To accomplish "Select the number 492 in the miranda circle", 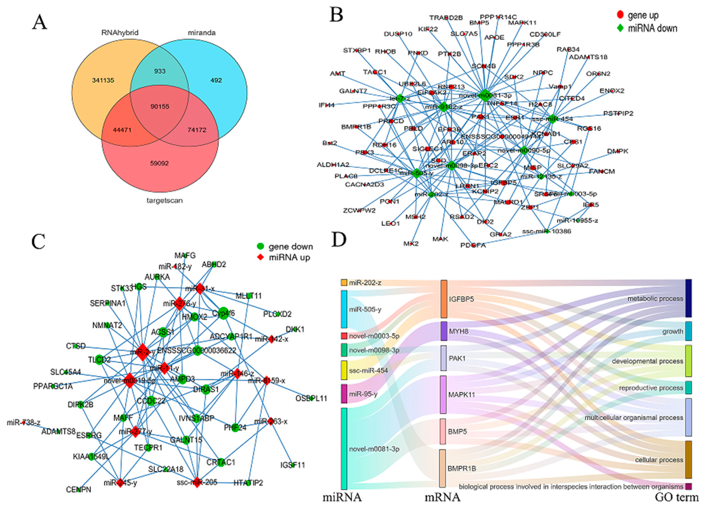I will click(216, 80).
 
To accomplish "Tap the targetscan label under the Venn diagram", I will click(164, 200).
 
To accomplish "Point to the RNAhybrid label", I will click(120, 32).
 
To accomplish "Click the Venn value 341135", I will click(103, 81).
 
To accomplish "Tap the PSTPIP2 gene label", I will click(618, 113).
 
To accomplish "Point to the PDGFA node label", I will click(473, 245).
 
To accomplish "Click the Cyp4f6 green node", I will click(223, 313).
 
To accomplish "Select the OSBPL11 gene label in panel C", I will click(311, 399).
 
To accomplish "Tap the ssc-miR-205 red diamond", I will click(197, 483).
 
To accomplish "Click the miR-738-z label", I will click(23, 423).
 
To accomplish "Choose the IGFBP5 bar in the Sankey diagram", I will click(444, 299).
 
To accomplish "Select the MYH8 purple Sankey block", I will click(444, 331).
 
